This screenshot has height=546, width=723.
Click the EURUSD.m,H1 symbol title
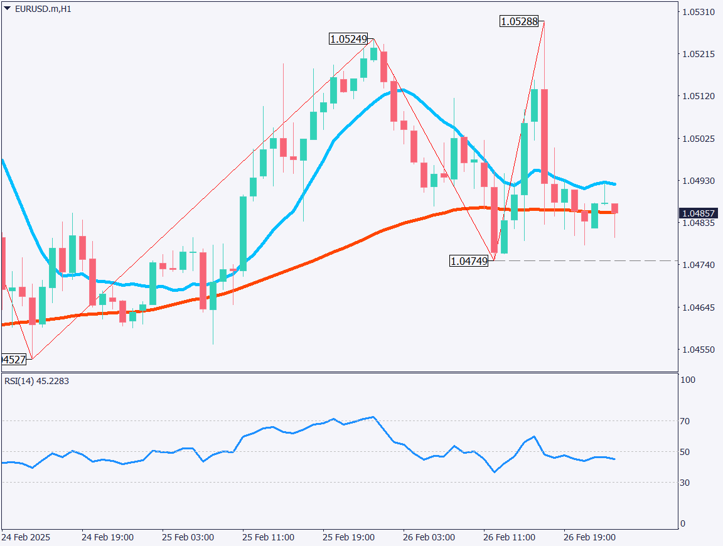41,9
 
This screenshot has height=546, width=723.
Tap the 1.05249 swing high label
348,39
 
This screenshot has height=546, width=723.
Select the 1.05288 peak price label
519,21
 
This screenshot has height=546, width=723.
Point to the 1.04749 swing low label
469,261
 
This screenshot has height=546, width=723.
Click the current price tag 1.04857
699,213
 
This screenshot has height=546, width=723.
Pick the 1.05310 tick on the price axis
698,12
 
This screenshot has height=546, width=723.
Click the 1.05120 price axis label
698,96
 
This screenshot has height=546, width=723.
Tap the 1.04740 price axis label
698,265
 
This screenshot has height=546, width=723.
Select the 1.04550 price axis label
698,349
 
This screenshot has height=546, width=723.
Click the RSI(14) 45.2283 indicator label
37,381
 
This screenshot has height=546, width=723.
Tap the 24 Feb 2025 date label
26,538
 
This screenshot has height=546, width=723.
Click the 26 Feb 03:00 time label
429,538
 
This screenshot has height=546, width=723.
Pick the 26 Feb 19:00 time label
590,538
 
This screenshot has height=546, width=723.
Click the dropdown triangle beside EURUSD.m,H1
7,9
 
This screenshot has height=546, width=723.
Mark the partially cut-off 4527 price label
14,360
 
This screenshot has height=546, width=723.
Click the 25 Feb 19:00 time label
349,538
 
